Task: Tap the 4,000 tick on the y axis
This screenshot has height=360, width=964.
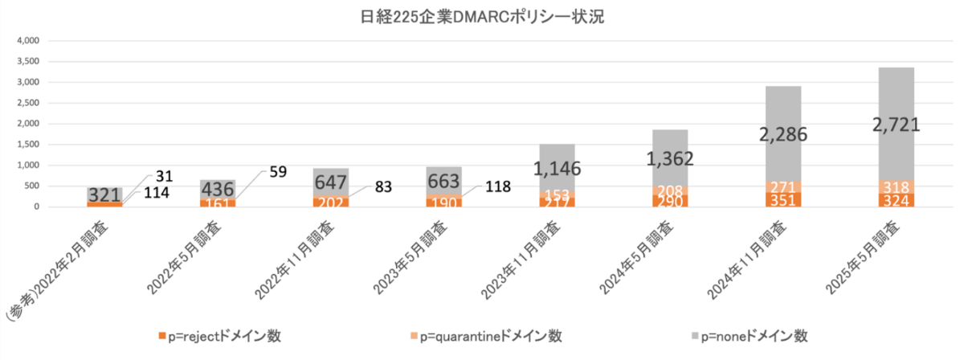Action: point(28,40)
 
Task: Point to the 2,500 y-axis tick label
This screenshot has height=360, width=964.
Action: point(28,103)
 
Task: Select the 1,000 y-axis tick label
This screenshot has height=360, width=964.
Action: point(28,166)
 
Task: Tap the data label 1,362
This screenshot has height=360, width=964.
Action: point(671,157)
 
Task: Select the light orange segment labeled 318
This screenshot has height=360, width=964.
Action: point(896,186)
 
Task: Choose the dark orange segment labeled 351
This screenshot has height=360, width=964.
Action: point(783,199)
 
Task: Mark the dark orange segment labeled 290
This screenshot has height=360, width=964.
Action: point(671,201)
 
